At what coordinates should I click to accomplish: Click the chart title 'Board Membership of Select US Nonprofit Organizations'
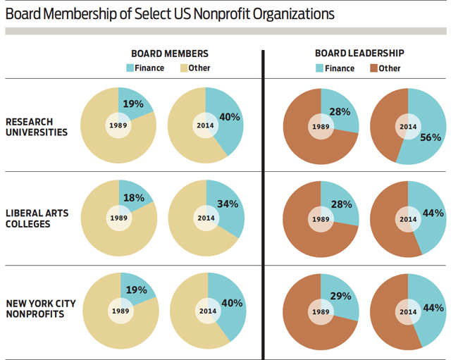pyautogui.click(x=170, y=13)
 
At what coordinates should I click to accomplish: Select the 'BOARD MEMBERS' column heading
pyautogui.click(x=170, y=54)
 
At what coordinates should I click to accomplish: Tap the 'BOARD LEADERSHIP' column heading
pyautogui.click(x=359, y=54)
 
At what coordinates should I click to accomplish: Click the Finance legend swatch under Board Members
pyautogui.click(x=130, y=68)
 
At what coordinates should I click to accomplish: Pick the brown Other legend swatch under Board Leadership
pyautogui.click(x=371, y=68)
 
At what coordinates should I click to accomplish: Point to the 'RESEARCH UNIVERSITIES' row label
pyautogui.click(x=37, y=126)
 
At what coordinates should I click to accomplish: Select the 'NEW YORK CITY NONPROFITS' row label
pyautogui.click(x=41, y=309)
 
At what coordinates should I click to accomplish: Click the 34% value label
pyautogui.click(x=228, y=204)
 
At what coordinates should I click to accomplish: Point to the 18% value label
pyautogui.click(x=134, y=199)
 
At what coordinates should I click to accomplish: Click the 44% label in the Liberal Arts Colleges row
pyautogui.click(x=432, y=213)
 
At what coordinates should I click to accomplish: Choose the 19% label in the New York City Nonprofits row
pyautogui.click(x=136, y=290)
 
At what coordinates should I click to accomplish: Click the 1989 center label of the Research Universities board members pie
pyautogui.click(x=118, y=126)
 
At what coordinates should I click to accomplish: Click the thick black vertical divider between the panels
pyautogui.click(x=264, y=204)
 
